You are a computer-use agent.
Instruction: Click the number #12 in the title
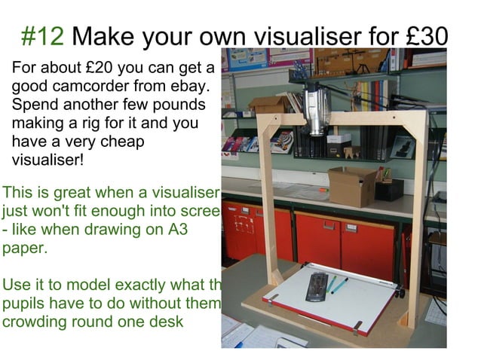(44, 35)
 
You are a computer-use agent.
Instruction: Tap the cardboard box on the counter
(351, 186)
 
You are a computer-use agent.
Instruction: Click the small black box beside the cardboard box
(389, 188)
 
